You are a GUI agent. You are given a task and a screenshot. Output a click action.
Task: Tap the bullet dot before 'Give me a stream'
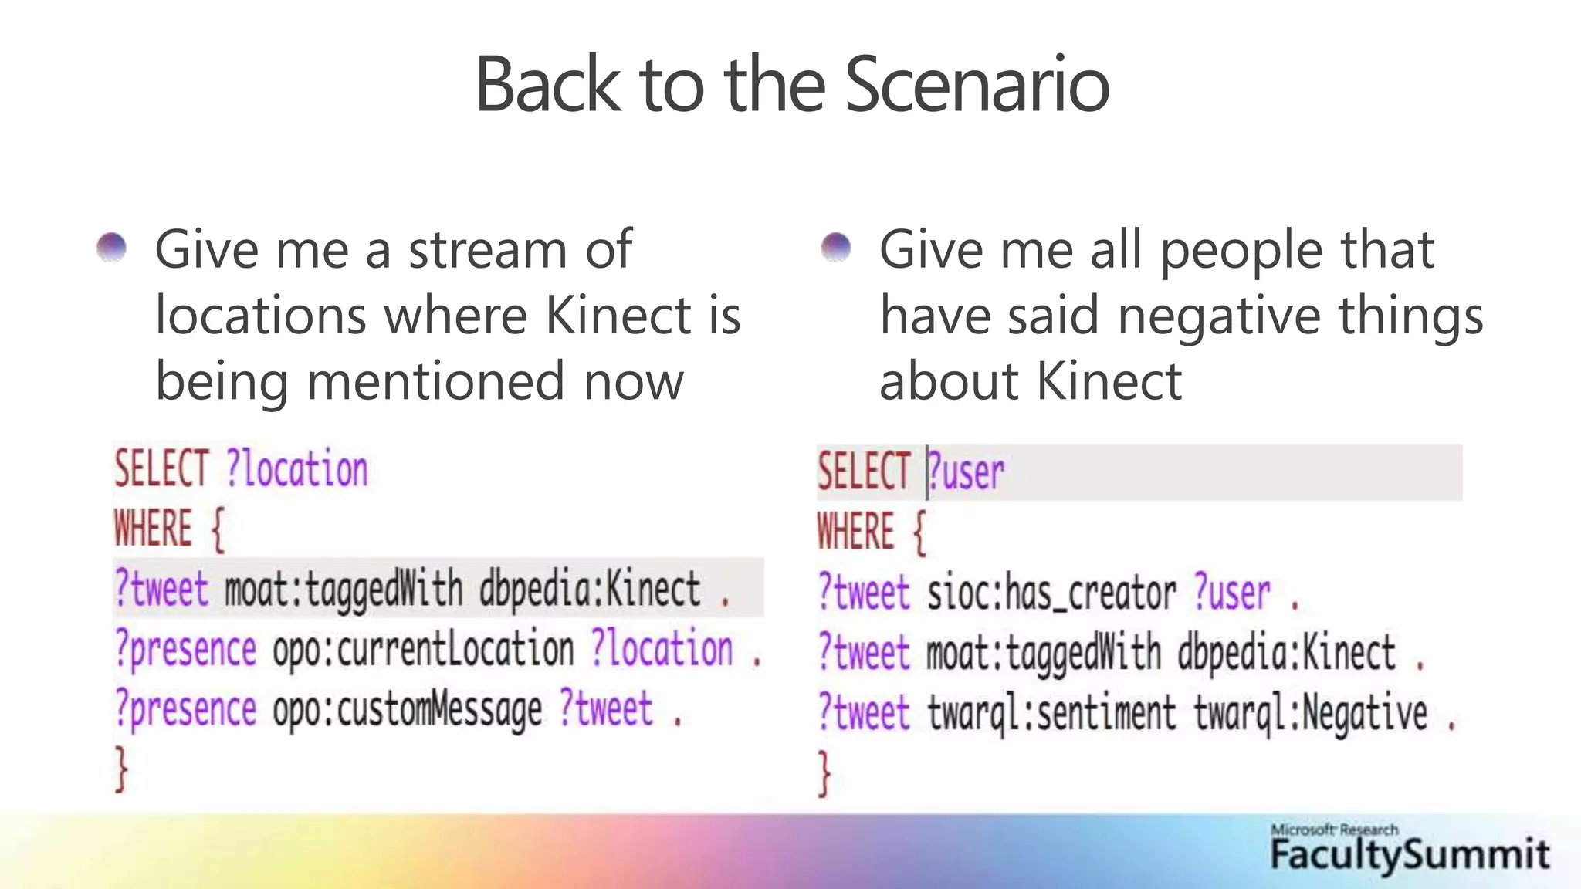click(x=112, y=248)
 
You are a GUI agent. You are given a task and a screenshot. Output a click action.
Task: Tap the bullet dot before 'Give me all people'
click(x=835, y=248)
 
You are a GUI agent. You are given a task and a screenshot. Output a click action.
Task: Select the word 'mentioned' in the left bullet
click(x=437, y=382)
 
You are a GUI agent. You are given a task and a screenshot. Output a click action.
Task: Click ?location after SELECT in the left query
click(x=297, y=469)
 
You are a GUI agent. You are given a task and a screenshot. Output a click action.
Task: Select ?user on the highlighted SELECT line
click(x=967, y=472)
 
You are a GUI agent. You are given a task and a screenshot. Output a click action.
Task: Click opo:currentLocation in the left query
click(x=423, y=650)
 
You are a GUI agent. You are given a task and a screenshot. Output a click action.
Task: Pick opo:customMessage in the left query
click(x=407, y=710)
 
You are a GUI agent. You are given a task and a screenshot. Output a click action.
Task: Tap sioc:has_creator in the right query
click(x=1051, y=594)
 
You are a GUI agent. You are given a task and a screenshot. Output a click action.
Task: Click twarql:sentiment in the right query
click(x=1051, y=713)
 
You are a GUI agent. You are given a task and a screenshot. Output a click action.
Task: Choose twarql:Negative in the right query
click(x=1311, y=713)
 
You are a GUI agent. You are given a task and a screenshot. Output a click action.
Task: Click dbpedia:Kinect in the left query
click(x=590, y=590)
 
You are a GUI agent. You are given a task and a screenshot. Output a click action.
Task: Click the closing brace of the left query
click(x=120, y=769)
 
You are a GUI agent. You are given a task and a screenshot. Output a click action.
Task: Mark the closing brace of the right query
click(x=824, y=772)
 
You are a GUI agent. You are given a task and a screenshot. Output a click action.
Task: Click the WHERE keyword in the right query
click(x=855, y=532)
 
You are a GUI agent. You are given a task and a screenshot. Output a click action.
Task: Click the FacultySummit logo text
click(x=1410, y=855)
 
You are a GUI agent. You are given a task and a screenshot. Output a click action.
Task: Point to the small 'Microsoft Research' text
click(x=1334, y=830)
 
